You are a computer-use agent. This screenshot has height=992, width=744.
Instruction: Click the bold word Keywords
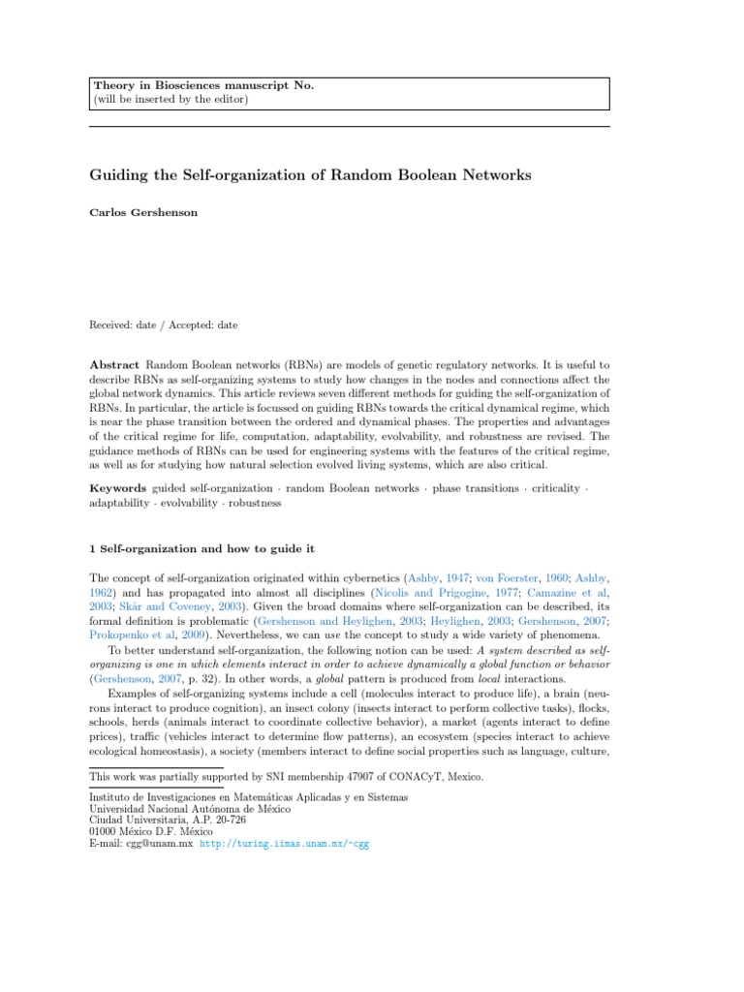tap(117, 488)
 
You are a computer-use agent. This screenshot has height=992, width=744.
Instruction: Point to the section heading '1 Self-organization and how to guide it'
tap(201, 548)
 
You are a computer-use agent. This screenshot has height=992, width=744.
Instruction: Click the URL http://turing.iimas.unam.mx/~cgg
tap(284, 843)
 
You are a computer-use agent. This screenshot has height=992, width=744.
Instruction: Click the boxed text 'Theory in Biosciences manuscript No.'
tap(202, 86)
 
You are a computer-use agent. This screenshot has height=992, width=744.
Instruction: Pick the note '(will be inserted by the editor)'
tap(170, 99)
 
